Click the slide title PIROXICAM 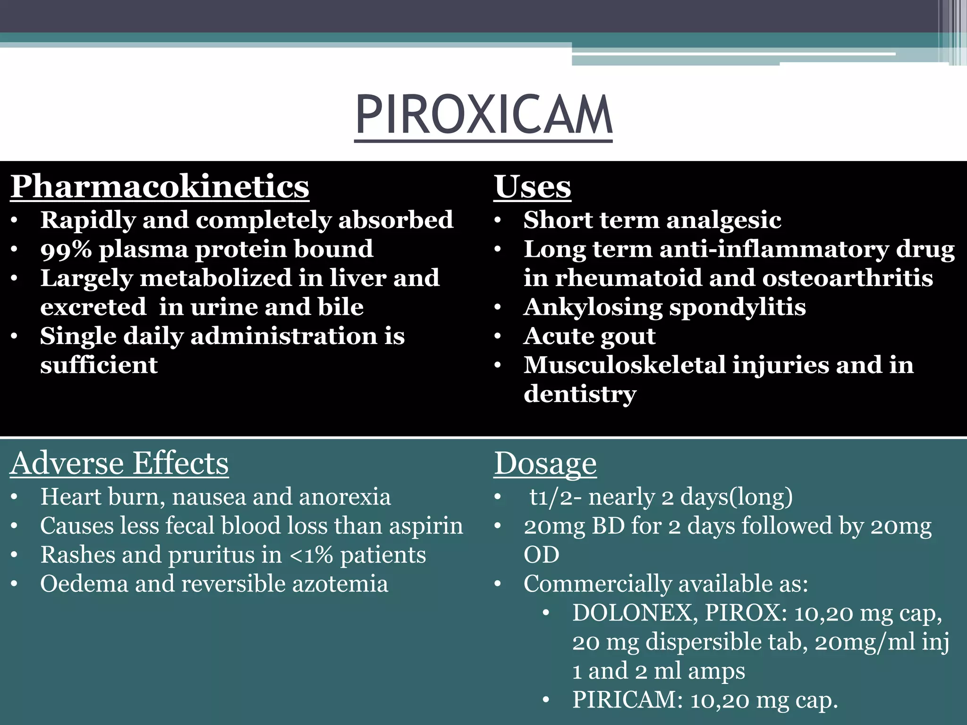[483, 115]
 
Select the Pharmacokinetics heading [160, 186]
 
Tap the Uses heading [532, 186]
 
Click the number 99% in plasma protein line [66, 249]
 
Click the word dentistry [580, 394]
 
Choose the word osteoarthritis [848, 278]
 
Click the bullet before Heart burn [15, 497]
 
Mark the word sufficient [99, 365]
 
